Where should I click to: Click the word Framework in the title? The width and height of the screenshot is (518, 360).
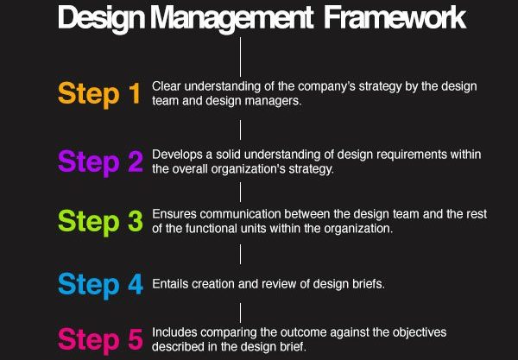(395, 18)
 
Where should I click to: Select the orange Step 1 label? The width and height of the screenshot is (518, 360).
(99, 94)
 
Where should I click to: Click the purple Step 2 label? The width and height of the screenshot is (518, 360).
(100, 162)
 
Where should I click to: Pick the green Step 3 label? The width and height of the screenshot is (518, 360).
(100, 222)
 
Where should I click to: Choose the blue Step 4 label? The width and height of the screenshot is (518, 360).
(100, 285)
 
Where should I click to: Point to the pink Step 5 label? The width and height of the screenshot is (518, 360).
(100, 339)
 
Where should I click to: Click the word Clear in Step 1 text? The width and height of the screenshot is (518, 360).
(166, 86)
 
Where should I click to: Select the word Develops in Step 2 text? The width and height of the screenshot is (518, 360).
(177, 155)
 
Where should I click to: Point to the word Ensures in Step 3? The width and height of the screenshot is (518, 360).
(174, 214)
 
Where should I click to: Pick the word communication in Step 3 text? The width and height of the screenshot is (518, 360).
(240, 214)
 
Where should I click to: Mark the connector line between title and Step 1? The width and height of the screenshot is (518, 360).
(240, 57)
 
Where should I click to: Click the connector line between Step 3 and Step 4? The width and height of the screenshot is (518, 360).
(240, 255)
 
